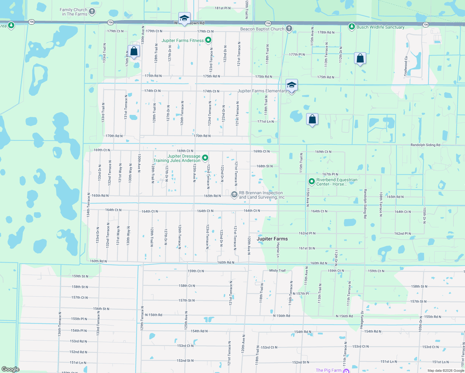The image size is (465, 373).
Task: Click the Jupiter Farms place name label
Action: pyautogui.click(x=272, y=239)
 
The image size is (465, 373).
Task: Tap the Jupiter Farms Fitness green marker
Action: pyautogui.click(x=208, y=40)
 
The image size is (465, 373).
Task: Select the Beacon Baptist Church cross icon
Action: pyautogui.click(x=289, y=29)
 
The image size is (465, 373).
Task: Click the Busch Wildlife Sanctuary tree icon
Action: pyautogui.click(x=352, y=27)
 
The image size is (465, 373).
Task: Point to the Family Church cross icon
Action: pyautogui.click(x=92, y=12)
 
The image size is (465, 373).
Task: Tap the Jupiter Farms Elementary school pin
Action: pyautogui.click(x=291, y=86)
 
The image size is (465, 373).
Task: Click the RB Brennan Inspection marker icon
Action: pyautogui.click(x=234, y=195)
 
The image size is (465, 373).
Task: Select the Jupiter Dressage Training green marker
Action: pyautogui.click(x=205, y=158)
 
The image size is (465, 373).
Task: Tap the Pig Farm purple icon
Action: pyautogui.click(x=346, y=371)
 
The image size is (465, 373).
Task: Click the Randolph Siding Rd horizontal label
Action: pyautogui.click(x=425, y=145)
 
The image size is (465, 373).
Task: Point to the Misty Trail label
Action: pyautogui.click(x=277, y=270)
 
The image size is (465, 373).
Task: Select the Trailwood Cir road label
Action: pyautogui.click(x=406, y=66)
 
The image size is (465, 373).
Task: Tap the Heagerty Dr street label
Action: pyautogui.click(x=362, y=319)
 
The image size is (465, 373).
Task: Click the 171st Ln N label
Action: pyautogui.click(x=266, y=122)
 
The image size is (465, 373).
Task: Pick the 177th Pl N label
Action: pyautogui.click(x=297, y=54)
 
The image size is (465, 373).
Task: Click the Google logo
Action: pyautogui.click(x=11, y=369)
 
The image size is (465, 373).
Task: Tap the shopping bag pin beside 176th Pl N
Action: pyautogui.click(x=134, y=52)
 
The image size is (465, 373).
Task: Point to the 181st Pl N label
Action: pyautogui.click(x=223, y=8)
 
